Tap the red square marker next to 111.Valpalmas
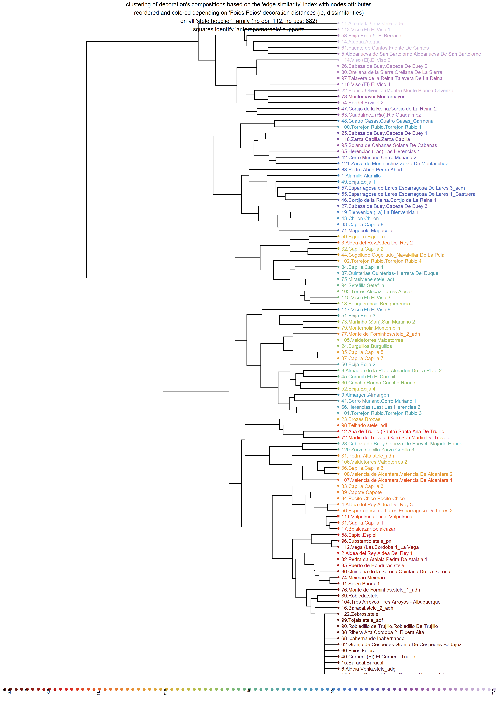coord(338,517)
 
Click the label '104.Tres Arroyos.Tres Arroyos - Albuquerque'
coord(391,602)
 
